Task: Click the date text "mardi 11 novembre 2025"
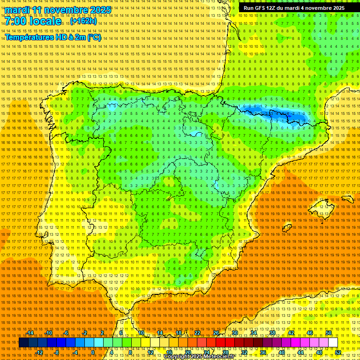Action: point(59,10)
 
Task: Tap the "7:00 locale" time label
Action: point(33,22)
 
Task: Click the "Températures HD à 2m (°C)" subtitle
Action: point(53,37)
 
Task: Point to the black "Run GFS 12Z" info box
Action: point(294,8)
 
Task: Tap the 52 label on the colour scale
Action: point(338,352)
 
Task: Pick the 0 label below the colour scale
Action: point(93,352)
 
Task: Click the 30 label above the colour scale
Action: point(234,333)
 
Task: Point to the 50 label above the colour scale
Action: point(329,333)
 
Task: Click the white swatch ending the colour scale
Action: point(333,343)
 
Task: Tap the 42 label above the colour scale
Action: point(291,333)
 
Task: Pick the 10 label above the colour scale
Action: point(141,333)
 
